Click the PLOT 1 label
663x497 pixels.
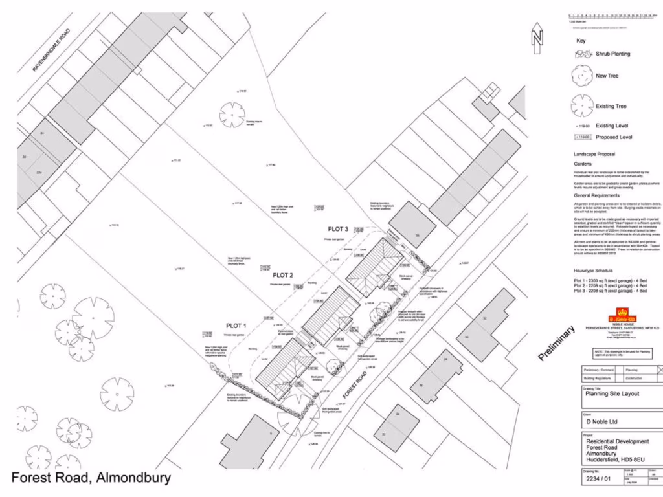point(236,326)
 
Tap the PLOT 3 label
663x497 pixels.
point(338,229)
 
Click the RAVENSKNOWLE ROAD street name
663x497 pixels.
point(51,58)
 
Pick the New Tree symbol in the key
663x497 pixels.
point(581,76)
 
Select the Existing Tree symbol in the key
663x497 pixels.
point(581,105)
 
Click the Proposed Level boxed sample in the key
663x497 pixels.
point(583,137)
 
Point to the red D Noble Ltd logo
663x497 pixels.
point(622,318)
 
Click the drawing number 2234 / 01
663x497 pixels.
point(598,480)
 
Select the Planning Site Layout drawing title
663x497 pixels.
point(612,393)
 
